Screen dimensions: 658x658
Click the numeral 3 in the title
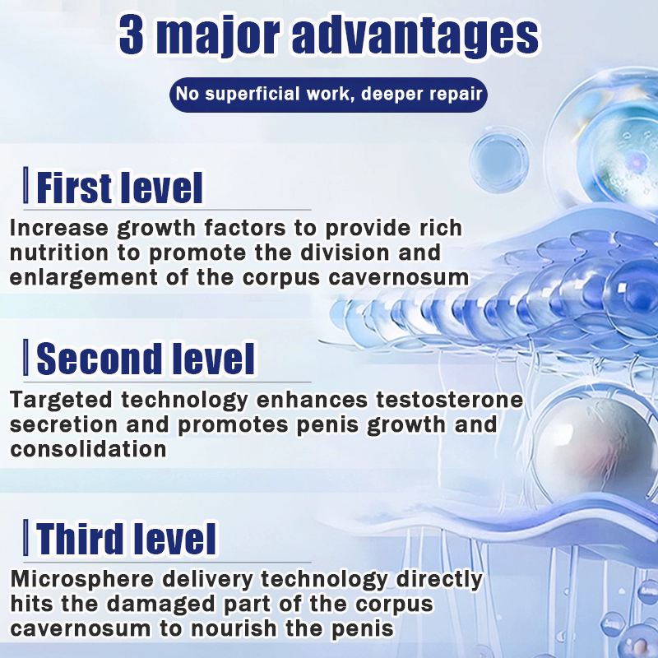[132, 35]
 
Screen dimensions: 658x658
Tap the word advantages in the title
[415, 36]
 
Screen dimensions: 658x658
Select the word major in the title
[217, 36]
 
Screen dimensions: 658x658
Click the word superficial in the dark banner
[253, 94]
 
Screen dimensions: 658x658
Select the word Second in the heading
[99, 359]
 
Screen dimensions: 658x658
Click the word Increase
[59, 229]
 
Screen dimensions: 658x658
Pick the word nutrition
[59, 253]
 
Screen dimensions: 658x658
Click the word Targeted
[62, 401]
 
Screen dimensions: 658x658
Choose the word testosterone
[449, 400]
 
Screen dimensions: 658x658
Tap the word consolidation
[88, 449]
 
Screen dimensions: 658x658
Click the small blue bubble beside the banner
[499, 161]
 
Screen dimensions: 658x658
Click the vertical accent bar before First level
[26, 185]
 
